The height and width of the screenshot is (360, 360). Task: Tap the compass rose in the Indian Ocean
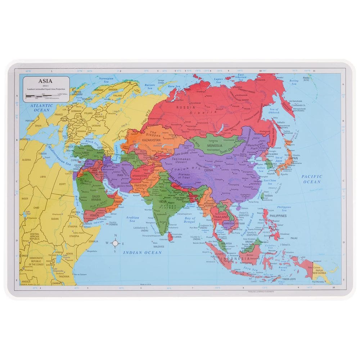pyautogui.click(x=116, y=243)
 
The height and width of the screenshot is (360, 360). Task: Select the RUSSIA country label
pyautogui.click(x=186, y=107)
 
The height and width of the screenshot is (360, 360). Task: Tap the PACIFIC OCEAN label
pyautogui.click(x=311, y=179)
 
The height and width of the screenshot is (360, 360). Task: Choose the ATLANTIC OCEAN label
pyautogui.click(x=41, y=108)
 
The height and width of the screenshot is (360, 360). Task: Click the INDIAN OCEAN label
pyautogui.click(x=143, y=253)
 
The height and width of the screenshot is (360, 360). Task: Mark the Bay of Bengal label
pyautogui.click(x=189, y=220)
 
